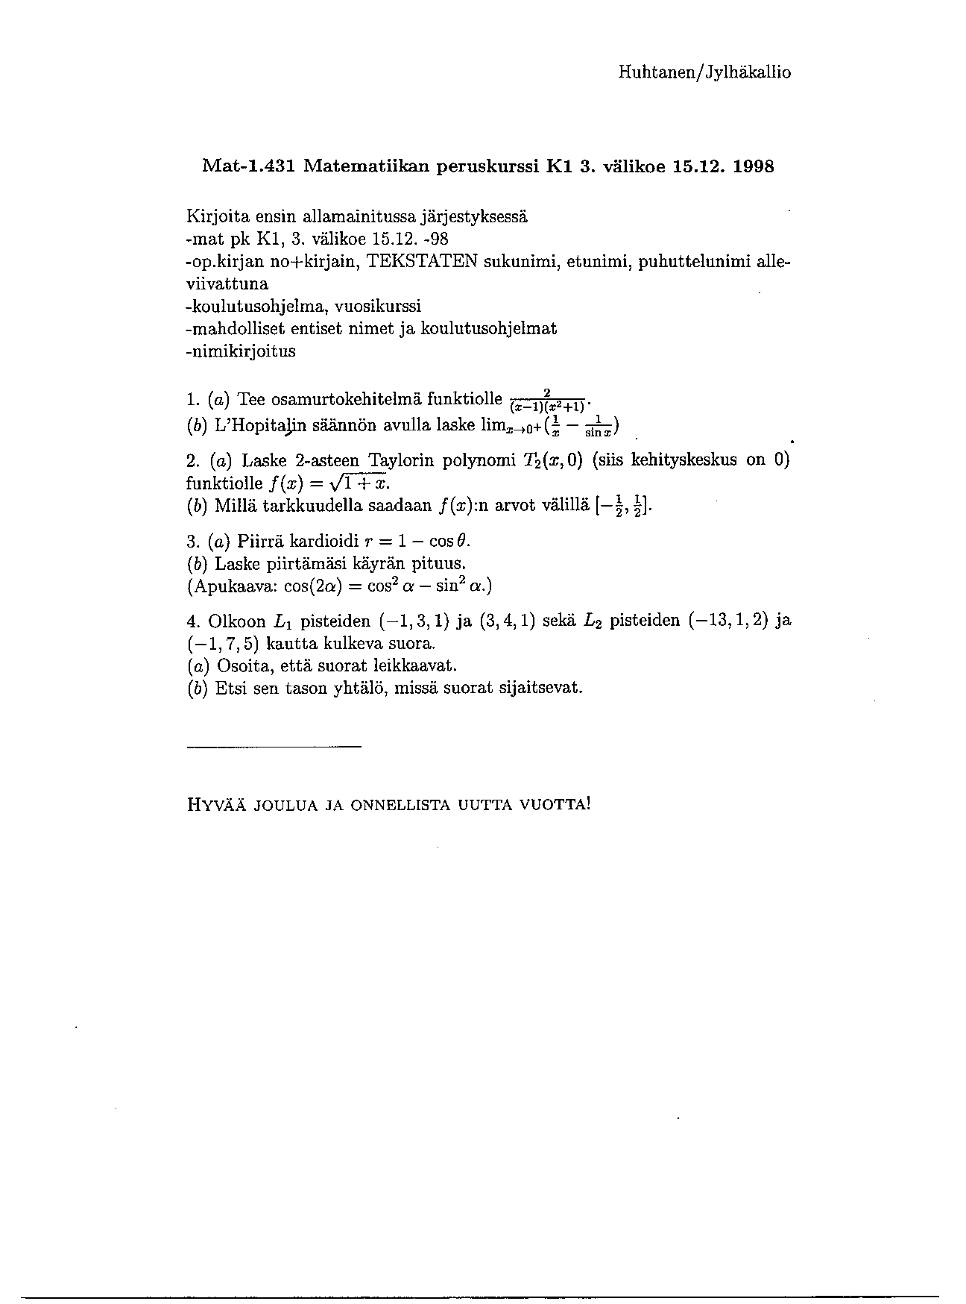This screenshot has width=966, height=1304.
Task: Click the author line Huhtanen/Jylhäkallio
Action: (704, 72)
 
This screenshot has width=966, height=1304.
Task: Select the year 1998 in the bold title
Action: (754, 166)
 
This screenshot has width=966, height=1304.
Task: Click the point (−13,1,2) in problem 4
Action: (728, 621)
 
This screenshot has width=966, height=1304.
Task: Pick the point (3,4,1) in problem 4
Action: (508, 621)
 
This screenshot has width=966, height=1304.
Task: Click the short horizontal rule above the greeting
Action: (273, 747)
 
